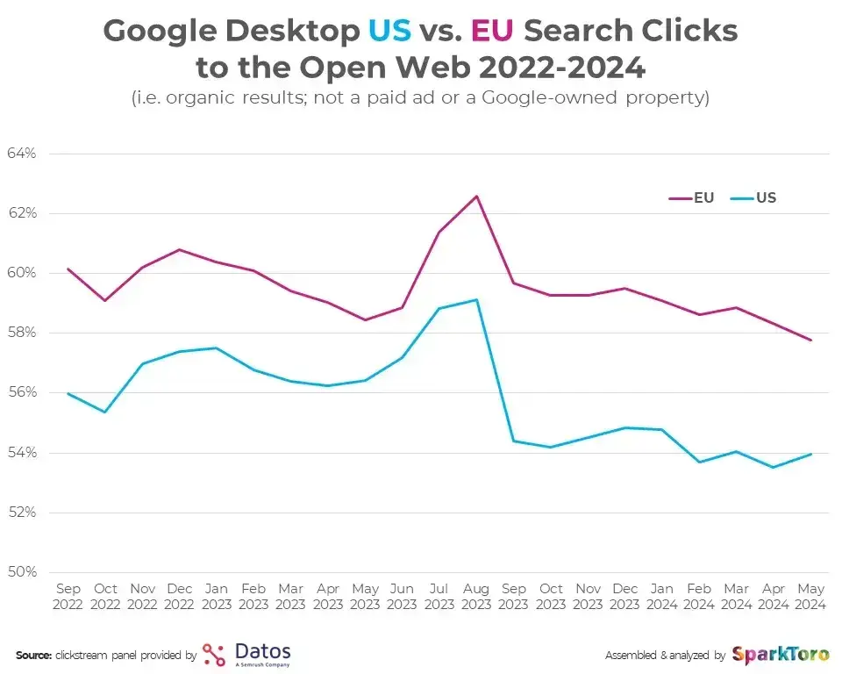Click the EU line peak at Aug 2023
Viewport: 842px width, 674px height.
point(476,196)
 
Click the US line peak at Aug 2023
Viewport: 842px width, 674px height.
point(476,300)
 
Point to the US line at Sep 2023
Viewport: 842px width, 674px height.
point(513,441)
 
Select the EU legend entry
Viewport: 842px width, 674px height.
point(692,197)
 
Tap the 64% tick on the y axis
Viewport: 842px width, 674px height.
point(21,154)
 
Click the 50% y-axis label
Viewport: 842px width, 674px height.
point(21,572)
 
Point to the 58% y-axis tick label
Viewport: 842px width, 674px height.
point(21,333)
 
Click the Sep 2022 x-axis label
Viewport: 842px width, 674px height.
point(68,597)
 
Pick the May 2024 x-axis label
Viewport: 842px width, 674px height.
point(811,597)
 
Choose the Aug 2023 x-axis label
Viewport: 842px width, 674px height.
point(476,597)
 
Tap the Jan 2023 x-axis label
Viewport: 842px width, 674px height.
point(216,597)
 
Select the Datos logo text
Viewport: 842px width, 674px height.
point(262,652)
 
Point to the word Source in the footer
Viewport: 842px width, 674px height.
point(33,656)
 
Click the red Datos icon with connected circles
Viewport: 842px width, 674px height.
point(213,655)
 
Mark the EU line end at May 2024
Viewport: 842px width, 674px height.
point(811,340)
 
